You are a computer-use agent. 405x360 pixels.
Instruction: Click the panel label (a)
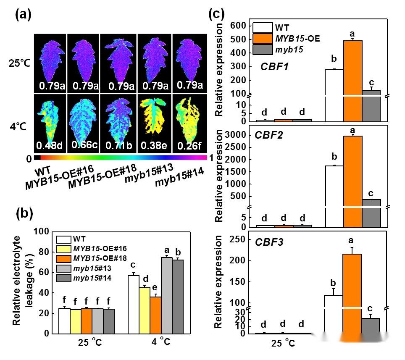pyautogui.click(x=24, y=16)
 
